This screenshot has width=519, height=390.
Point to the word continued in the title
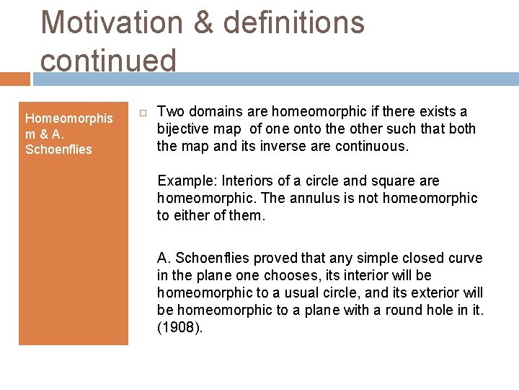point(108,60)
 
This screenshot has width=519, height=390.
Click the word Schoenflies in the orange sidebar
point(58,149)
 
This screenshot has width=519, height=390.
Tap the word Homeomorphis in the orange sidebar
point(68,118)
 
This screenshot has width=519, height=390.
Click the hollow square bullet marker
point(142,113)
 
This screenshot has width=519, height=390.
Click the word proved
point(270,258)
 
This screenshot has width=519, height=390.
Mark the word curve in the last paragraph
point(465,258)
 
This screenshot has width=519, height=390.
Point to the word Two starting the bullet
point(170,111)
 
